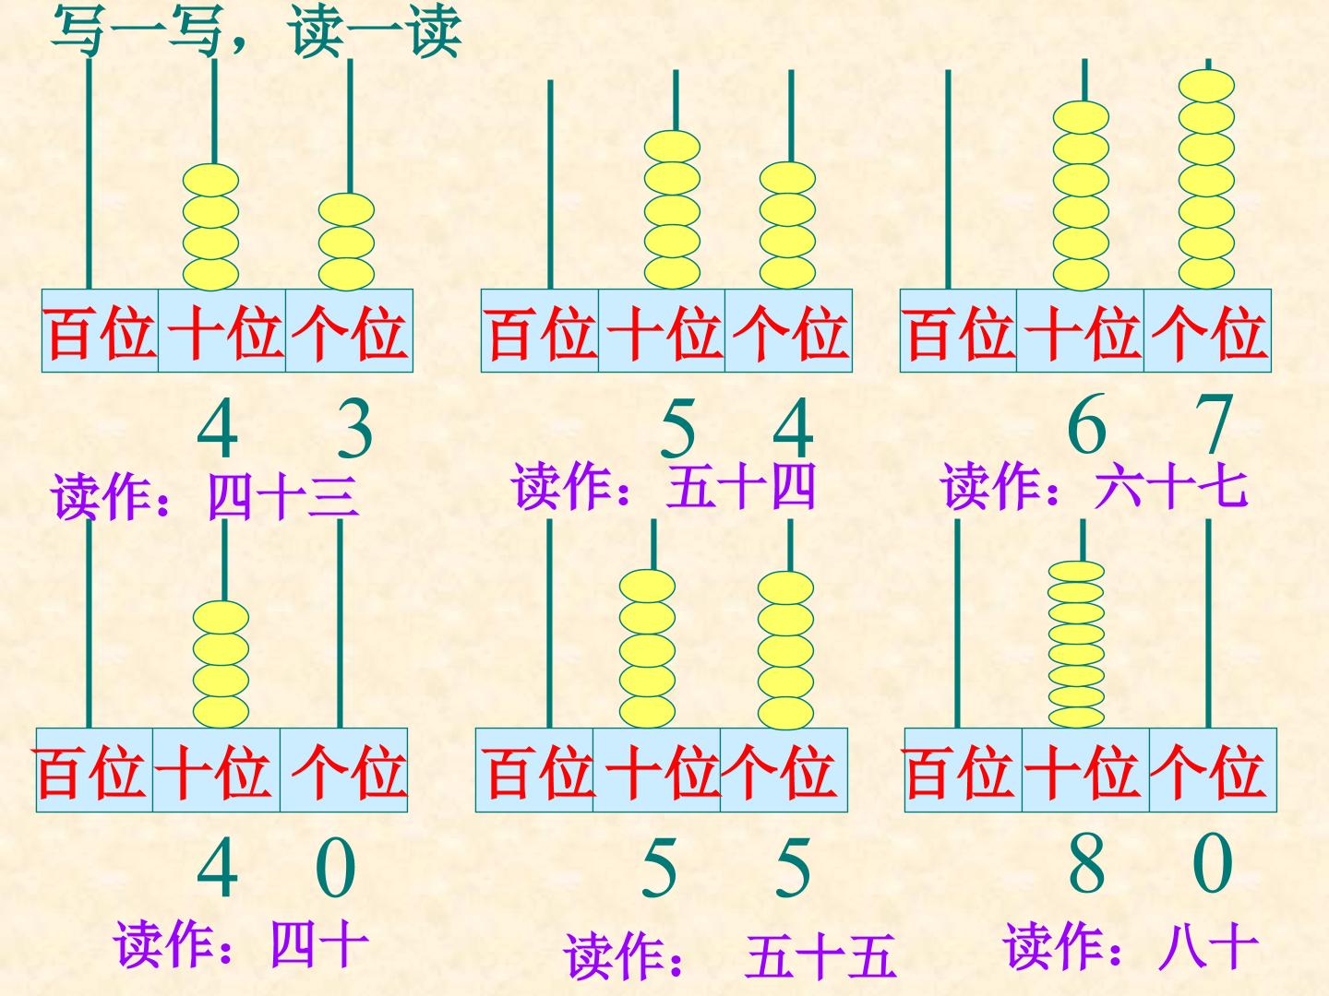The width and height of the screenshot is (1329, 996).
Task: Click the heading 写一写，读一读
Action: click(256, 31)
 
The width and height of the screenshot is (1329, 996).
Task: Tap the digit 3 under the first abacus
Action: click(354, 430)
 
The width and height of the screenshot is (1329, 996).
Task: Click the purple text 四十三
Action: click(283, 497)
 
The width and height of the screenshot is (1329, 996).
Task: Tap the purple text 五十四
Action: click(740, 486)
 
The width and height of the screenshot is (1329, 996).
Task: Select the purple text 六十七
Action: click(1171, 486)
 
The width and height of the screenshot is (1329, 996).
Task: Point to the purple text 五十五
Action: click(821, 956)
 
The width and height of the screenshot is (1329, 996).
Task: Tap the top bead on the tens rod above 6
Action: click(1081, 117)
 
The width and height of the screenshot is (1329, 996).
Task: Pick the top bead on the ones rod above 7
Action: click(1206, 85)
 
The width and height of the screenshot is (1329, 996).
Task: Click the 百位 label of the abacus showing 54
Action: click(540, 331)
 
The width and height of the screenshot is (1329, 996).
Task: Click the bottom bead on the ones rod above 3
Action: click(346, 274)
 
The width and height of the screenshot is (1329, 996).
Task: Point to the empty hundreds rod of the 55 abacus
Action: click(549, 622)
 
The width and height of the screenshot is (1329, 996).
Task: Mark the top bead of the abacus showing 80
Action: click(1076, 571)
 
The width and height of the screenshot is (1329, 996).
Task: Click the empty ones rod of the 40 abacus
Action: click(340, 622)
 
